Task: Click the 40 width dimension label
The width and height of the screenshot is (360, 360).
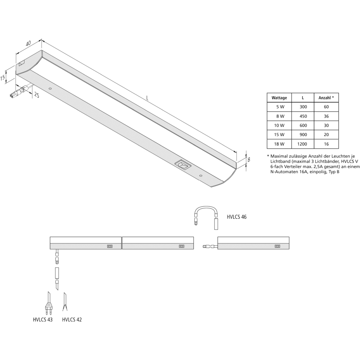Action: pos(28,43)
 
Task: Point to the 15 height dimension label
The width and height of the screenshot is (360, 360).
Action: pos(3,78)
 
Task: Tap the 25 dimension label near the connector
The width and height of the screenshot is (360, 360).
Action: pos(36,95)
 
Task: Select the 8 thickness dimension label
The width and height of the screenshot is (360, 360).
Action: pos(249,159)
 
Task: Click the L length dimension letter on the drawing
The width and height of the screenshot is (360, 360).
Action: pos(147,98)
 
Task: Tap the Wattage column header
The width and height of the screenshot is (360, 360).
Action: pos(279,98)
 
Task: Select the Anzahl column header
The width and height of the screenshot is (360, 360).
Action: pos(326,98)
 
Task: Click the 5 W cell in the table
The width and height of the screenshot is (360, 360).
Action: pos(280,107)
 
